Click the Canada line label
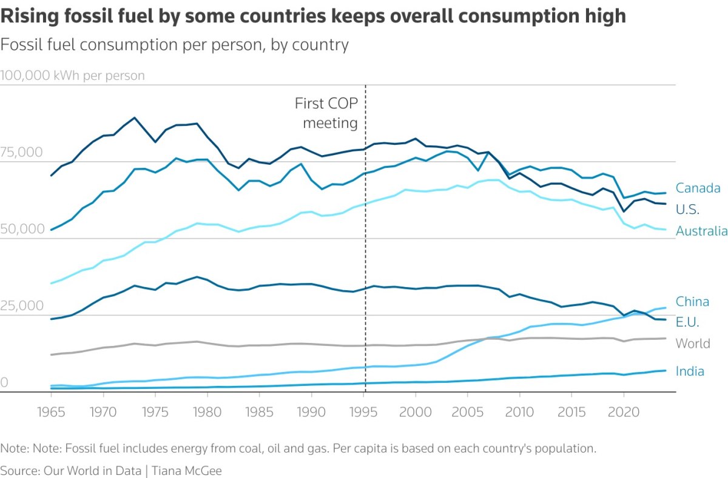(x=698, y=188)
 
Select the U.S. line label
(x=687, y=210)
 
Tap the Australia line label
(x=701, y=231)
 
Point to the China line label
(x=692, y=302)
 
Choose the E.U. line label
(x=687, y=322)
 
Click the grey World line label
(x=693, y=344)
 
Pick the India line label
(x=690, y=371)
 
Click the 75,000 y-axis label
(x=22, y=152)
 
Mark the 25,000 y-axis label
(x=22, y=306)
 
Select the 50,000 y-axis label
(x=22, y=229)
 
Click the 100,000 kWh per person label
(x=73, y=76)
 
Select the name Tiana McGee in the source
(x=186, y=470)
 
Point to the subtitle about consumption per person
(x=175, y=44)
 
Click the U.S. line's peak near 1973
(x=134, y=118)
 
